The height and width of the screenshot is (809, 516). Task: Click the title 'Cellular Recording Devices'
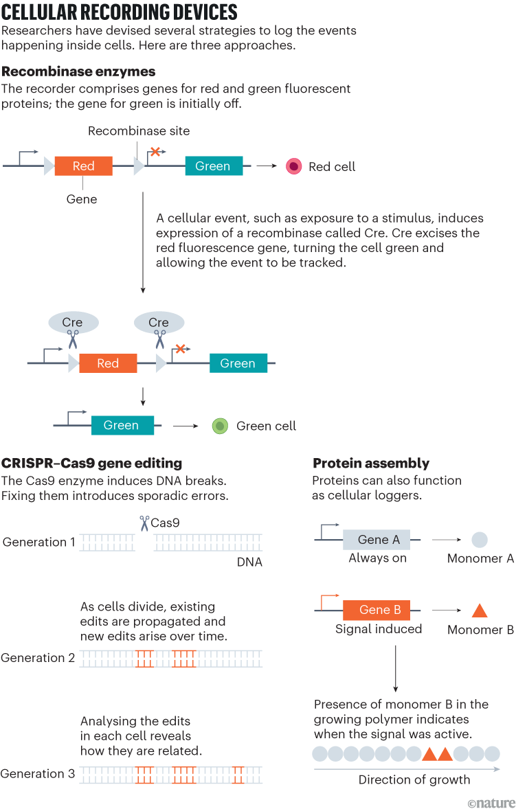120,12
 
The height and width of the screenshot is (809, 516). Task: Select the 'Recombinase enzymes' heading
78,71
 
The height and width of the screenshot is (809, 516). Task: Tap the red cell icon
294,166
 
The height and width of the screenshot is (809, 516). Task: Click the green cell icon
220,426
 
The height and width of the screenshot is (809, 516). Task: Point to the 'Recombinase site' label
139,130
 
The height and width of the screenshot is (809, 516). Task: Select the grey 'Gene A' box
376,539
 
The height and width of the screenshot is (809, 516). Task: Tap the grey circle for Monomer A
480,540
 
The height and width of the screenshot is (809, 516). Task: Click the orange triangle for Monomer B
480,611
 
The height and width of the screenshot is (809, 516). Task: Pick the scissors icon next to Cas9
144,523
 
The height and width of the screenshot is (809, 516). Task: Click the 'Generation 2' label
38,658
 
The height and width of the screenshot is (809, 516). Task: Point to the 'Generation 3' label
38,774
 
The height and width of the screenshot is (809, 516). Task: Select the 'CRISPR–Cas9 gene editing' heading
91,463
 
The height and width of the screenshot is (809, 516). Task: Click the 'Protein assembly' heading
371,463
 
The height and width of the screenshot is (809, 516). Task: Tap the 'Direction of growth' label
414,779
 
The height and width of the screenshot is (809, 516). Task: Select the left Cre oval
72,322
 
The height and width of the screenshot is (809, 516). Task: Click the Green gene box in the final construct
122,426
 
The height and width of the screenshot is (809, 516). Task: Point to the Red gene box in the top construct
83,166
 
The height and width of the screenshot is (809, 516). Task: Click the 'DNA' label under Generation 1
249,562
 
